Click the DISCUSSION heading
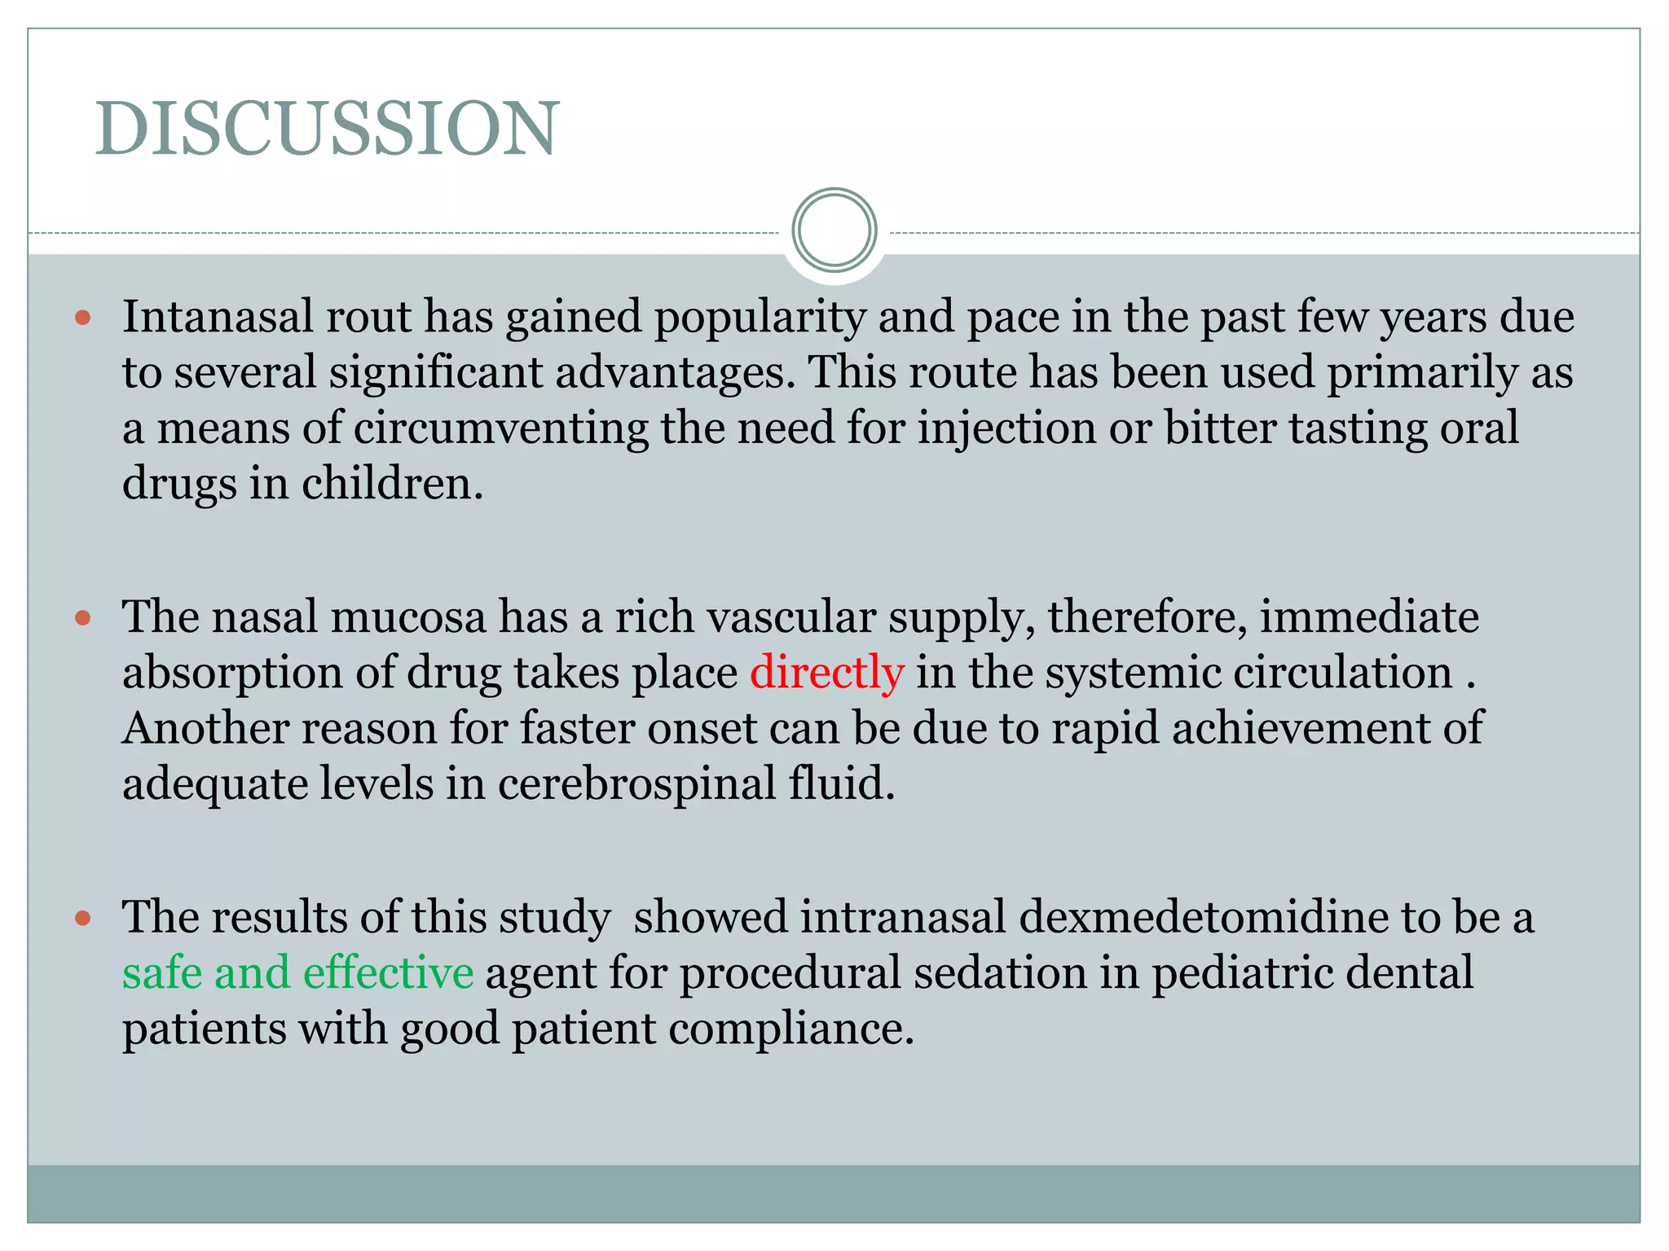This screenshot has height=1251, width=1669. (327, 128)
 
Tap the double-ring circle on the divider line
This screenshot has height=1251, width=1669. (834, 230)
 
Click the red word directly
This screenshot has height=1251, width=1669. (826, 673)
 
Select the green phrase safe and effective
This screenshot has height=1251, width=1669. (297, 972)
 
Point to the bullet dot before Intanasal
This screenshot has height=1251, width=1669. (82, 317)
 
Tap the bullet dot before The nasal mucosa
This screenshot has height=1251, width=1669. (82, 618)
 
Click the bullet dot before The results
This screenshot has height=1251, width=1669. (82, 919)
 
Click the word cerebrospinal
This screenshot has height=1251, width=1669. (636, 784)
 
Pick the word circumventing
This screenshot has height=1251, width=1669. (500, 428)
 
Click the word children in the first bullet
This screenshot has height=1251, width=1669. (392, 484)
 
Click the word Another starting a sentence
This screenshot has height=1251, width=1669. (205, 728)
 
